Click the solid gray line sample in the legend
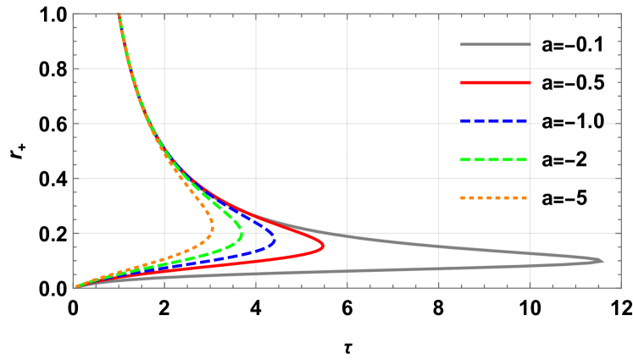point(496,44)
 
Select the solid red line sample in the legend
point(496,82)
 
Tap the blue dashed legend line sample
point(494,121)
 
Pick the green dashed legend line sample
point(494,159)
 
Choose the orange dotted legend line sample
point(494,197)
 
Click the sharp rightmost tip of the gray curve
point(603,260)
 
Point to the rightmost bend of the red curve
point(324,246)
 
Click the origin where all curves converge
point(74,287)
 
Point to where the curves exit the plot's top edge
point(119,14)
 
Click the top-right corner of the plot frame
point(621,14)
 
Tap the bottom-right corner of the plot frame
point(621,287)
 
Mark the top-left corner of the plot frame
point(73,14)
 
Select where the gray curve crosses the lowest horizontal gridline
point(321,233)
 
